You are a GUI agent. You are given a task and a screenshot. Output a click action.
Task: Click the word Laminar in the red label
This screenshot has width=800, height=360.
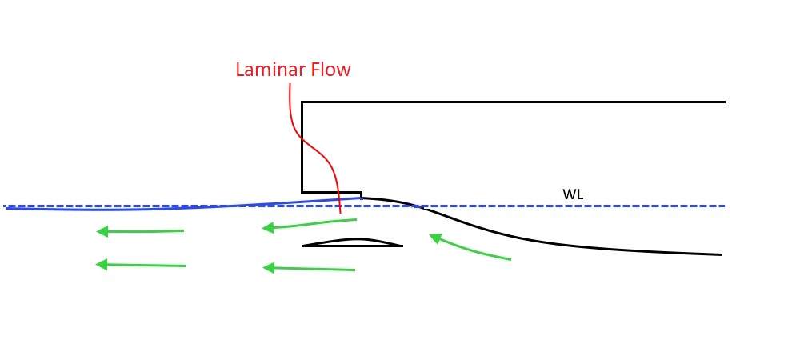[266, 70]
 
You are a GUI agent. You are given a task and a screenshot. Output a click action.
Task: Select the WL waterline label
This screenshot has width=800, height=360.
[571, 194]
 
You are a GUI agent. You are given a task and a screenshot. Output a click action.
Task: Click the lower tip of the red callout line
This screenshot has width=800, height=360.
[341, 214]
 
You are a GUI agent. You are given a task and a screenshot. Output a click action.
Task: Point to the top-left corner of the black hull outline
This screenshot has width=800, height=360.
[302, 102]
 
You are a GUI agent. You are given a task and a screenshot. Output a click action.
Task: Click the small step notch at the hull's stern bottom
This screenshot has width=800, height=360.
[361, 193]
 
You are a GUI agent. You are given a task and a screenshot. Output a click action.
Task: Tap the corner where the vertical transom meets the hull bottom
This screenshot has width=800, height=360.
[302, 192]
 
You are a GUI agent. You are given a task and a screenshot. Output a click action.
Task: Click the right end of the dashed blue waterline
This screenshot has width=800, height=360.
[724, 206]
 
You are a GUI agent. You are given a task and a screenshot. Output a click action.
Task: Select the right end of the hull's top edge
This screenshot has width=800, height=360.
[724, 102]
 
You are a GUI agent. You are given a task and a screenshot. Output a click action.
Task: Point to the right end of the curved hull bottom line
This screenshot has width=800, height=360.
[722, 254]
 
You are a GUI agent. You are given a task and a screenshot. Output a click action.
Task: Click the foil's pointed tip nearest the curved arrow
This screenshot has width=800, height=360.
[402, 246]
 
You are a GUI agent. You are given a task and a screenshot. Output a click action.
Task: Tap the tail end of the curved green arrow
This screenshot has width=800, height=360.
[510, 259]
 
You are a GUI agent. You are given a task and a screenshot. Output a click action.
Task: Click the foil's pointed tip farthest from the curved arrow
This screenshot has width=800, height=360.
[302, 246]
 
